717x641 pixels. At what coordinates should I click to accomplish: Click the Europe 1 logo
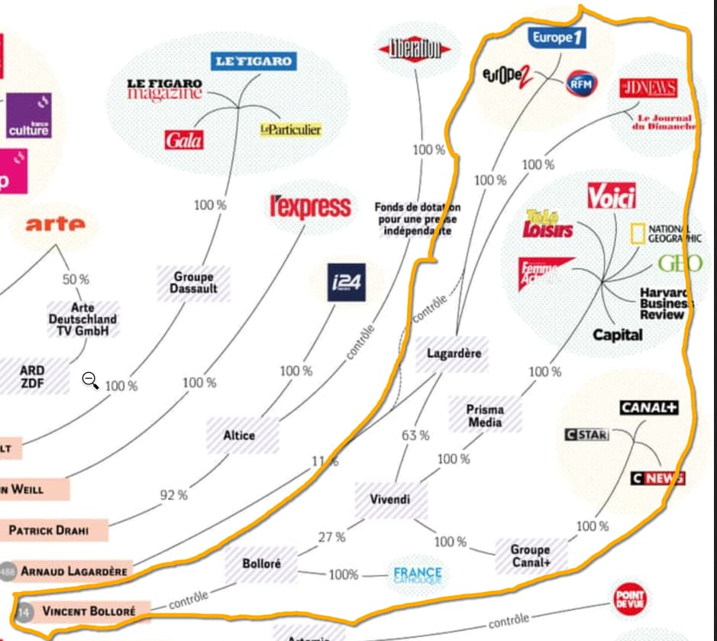[557, 37]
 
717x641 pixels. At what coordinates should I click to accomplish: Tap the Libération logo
[416, 50]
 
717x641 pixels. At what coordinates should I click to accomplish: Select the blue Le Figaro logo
[254, 62]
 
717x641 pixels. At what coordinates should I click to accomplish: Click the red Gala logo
[184, 140]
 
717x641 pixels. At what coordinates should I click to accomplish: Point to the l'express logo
[311, 206]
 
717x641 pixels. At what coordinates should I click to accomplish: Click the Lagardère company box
[454, 354]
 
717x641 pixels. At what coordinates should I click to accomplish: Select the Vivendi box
[390, 500]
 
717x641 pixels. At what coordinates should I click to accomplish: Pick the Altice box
[239, 435]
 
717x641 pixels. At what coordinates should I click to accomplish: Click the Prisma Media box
[485, 416]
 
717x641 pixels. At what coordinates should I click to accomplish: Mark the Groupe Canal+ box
[530, 556]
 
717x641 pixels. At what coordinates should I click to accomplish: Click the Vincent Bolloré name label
[88, 611]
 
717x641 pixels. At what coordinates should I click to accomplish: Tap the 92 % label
[173, 494]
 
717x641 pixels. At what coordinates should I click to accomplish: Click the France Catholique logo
[418, 575]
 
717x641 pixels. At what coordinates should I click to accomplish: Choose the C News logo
[657, 478]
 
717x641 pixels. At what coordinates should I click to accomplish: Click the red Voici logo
[612, 197]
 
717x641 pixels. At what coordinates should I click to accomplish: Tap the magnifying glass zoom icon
[90, 379]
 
